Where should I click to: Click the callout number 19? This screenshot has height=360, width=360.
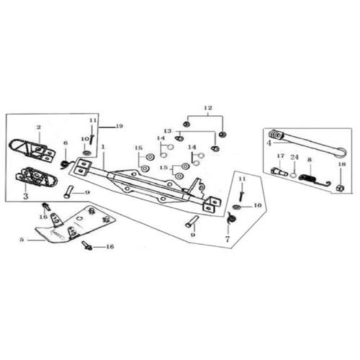point(119,126)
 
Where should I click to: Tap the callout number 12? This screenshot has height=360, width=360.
point(208,108)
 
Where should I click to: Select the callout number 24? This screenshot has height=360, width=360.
point(294,157)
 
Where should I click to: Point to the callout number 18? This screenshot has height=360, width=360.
point(342,164)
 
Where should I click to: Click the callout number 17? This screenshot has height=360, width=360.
point(281,156)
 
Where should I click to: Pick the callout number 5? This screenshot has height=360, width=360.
point(22,240)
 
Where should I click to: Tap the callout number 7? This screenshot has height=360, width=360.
point(228,239)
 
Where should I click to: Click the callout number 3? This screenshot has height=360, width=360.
point(25,196)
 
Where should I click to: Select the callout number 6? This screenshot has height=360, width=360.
point(66,143)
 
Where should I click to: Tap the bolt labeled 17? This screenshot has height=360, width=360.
point(279,171)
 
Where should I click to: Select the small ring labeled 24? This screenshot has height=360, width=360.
point(293,174)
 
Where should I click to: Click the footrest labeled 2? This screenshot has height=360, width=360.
point(32,149)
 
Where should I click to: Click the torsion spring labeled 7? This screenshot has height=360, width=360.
point(232,218)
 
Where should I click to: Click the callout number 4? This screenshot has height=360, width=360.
point(269,143)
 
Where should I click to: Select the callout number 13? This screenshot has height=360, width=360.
point(168,131)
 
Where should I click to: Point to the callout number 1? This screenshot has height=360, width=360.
point(103,146)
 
